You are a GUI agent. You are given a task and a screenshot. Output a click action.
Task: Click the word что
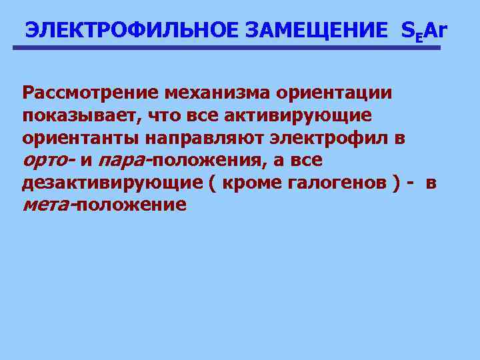tap(171, 115)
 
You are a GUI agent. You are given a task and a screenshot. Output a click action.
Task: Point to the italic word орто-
tap(48, 161)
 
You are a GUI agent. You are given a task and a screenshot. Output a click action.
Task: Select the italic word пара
tap(122, 161)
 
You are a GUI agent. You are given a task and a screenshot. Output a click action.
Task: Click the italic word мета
tap(47, 205)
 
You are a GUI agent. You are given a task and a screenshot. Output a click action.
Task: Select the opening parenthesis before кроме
tap(212, 183)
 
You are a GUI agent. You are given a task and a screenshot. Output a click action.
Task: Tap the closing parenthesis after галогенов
tap(397, 183)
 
